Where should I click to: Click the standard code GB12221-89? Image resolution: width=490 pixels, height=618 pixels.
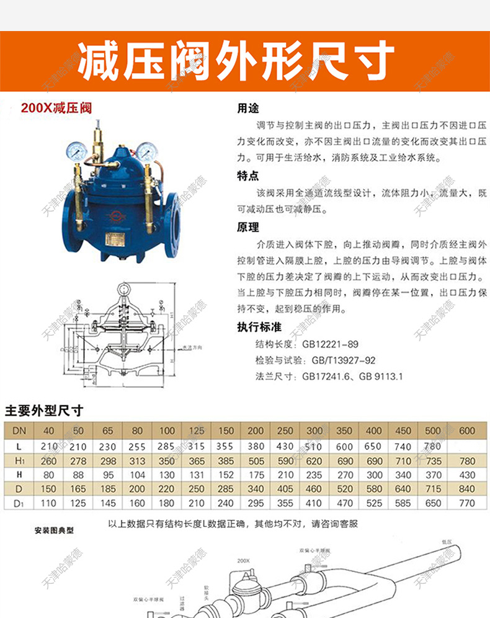(330, 344)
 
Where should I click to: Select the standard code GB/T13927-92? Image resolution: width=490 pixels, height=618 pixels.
(344, 360)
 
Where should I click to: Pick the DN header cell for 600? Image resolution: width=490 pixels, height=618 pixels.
(468, 431)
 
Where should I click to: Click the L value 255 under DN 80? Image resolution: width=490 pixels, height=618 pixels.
(137, 446)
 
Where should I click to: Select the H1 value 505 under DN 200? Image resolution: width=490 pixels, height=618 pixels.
(256, 461)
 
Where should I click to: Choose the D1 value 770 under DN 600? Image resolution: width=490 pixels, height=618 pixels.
(468, 504)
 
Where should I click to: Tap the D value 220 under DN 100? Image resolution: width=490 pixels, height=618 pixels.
(166, 489)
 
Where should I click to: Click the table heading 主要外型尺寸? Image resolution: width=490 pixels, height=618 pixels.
(43, 411)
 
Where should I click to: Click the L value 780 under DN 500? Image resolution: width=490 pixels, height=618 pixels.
(433, 446)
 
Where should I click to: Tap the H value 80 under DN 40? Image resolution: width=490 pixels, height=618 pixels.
(49, 475)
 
